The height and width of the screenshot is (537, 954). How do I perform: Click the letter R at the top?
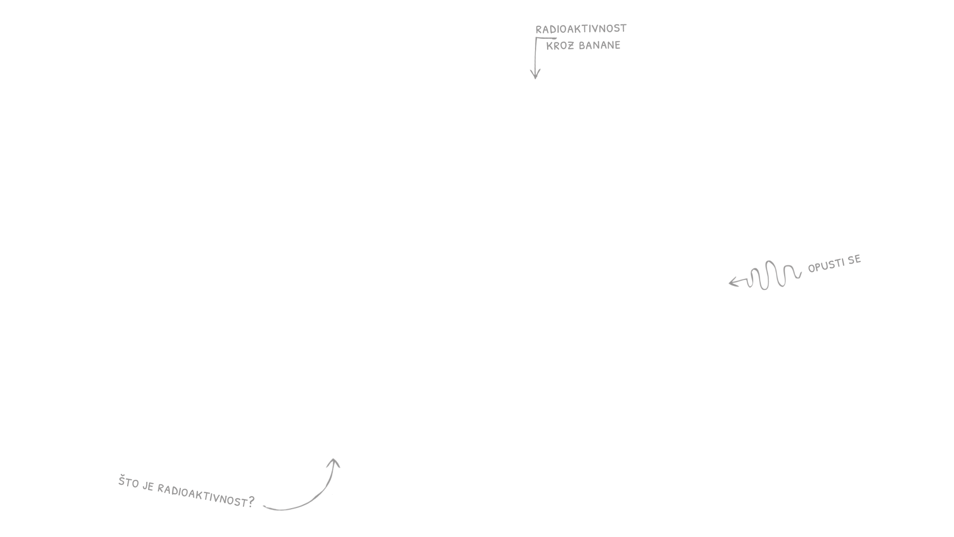(x=538, y=30)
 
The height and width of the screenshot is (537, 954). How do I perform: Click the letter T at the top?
(x=623, y=28)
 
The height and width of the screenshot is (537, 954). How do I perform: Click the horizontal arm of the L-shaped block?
(x=586, y=43)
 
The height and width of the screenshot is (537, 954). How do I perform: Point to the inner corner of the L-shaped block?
(x=554, y=50)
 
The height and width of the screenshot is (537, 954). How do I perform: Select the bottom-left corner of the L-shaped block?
(x=530, y=79)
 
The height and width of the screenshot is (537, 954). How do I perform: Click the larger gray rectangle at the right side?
(x=764, y=275)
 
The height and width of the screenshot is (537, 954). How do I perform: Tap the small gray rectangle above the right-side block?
(x=835, y=264)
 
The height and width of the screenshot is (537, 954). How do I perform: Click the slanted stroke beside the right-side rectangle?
(x=801, y=274)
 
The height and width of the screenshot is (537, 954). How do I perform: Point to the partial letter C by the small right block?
(x=810, y=269)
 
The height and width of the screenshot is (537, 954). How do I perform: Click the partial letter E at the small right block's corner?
(x=859, y=258)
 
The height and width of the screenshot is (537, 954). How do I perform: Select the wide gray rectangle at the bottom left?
(x=186, y=491)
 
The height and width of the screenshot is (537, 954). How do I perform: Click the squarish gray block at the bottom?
(x=298, y=485)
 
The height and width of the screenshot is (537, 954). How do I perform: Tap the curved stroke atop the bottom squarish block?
(x=337, y=464)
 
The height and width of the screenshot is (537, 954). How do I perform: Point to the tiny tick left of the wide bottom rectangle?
(x=119, y=482)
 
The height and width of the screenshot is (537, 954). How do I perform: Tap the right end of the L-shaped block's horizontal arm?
(x=619, y=44)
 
